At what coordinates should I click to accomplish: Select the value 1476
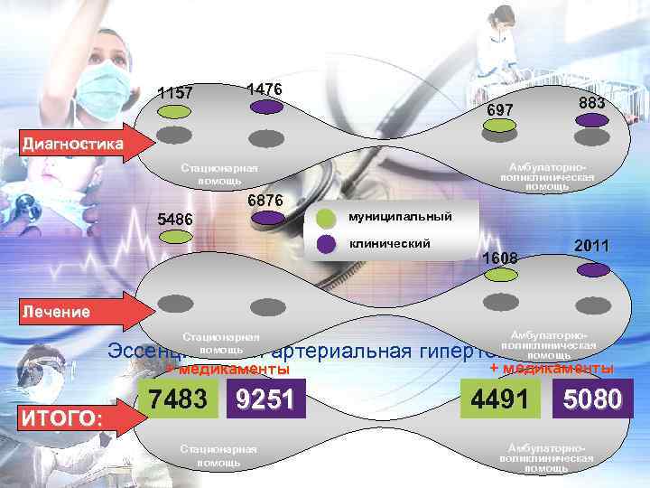point(265,89)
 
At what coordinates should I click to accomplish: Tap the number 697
point(500,109)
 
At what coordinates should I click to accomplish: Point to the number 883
point(592,104)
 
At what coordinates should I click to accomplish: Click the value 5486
point(175,218)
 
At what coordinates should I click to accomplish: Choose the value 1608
point(500,258)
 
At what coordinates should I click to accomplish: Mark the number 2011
point(592,246)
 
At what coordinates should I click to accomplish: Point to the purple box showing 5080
point(592,399)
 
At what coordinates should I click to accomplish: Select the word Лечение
point(56,312)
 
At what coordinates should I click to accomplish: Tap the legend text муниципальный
point(401,218)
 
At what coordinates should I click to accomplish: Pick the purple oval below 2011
point(593,268)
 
